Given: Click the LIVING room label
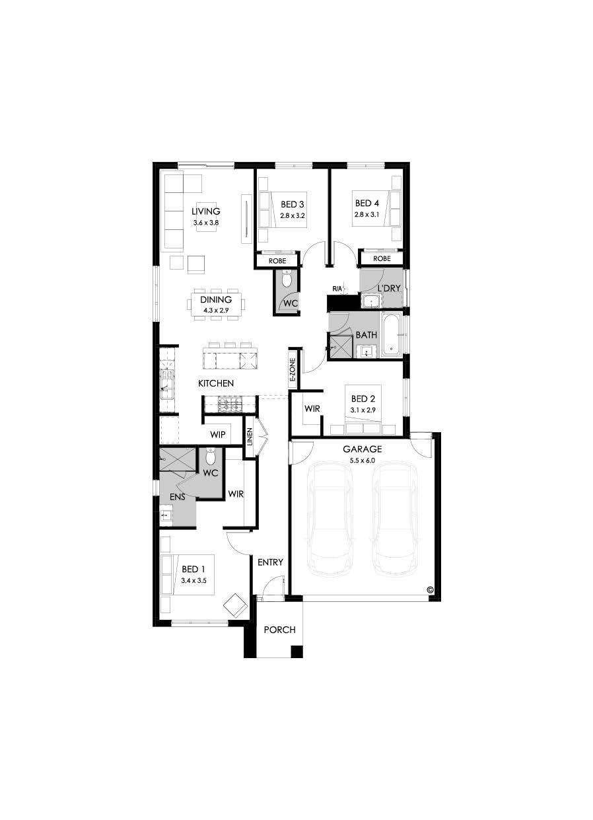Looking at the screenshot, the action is (x=206, y=211).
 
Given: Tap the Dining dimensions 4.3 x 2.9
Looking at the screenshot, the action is (x=216, y=310).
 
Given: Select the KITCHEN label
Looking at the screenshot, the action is (x=216, y=383).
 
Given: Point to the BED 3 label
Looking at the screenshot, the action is (x=293, y=204).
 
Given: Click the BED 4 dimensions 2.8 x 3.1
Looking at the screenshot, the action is (x=366, y=214).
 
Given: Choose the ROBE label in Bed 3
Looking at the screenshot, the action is (x=277, y=261).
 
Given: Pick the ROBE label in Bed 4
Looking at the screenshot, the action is (x=382, y=258).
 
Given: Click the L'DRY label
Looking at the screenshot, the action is (x=389, y=289).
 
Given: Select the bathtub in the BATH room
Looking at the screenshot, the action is (x=392, y=334).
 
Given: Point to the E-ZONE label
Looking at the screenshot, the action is (x=293, y=370).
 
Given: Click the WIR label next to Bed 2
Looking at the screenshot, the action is (x=312, y=408).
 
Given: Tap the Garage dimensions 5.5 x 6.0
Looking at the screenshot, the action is (x=362, y=461).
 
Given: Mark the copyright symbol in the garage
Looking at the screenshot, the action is (x=430, y=589).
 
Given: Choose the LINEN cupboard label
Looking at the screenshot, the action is (x=250, y=437).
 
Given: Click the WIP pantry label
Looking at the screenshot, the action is (x=218, y=435).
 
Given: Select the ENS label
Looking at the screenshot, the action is (x=178, y=497).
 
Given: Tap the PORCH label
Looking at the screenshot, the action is (x=280, y=630).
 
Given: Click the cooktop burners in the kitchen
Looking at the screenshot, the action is (x=230, y=405).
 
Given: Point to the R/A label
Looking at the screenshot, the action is (x=337, y=289).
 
